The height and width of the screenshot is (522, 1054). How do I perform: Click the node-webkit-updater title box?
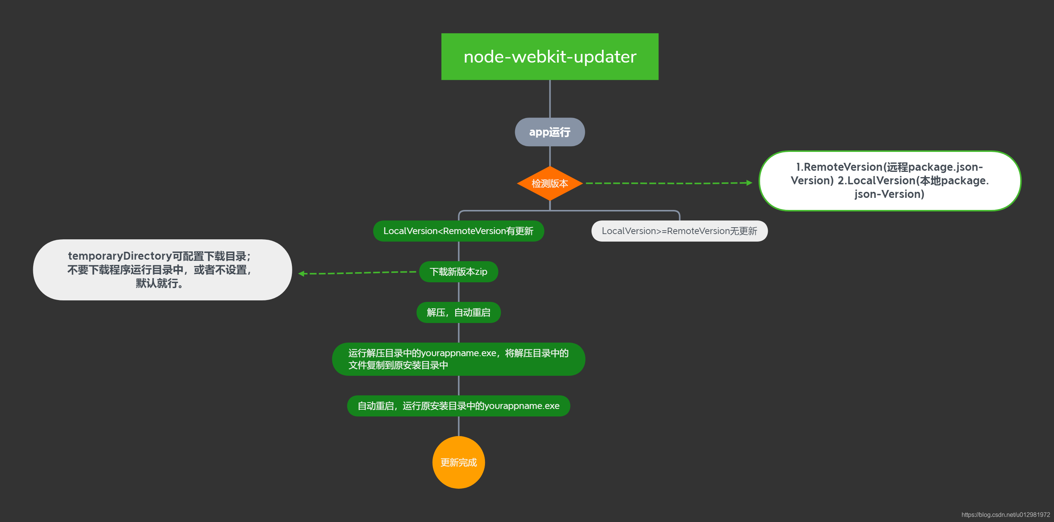pos(549,57)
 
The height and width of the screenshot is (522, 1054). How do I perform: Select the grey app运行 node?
pos(549,132)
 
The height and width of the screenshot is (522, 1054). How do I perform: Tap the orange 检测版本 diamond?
pos(549,183)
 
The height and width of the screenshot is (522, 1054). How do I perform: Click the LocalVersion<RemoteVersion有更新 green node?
pos(458,231)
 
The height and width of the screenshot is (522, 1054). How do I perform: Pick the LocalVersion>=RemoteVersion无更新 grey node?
pos(679,231)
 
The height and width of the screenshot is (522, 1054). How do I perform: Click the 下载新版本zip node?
pos(458,272)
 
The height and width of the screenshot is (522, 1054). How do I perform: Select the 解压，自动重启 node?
pos(458,312)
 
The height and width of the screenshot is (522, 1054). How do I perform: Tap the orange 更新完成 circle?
pos(458,462)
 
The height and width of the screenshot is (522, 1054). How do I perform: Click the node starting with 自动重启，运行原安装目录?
pos(458,406)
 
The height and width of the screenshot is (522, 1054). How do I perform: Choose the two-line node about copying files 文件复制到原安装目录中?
pos(458,359)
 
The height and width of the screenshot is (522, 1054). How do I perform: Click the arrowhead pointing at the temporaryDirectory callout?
pos(302,274)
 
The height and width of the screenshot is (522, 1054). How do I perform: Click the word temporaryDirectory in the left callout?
pos(120,256)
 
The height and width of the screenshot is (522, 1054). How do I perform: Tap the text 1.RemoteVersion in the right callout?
pos(839,167)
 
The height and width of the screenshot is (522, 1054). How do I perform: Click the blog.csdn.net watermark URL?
pos(1005,514)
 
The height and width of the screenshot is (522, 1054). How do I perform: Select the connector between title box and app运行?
pos(549,99)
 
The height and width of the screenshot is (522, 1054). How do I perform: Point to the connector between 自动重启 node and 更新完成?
pos(458,426)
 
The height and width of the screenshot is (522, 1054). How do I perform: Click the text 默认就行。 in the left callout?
pos(160,283)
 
